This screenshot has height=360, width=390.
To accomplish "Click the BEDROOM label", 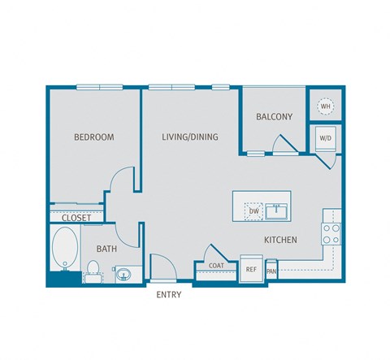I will click(x=93, y=137).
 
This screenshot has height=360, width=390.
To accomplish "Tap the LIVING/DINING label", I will click(x=189, y=137).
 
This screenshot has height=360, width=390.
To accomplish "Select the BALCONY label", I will click(x=274, y=117).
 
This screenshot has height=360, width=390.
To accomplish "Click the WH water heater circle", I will click(x=325, y=106).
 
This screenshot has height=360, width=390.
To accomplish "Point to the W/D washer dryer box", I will click(x=325, y=138).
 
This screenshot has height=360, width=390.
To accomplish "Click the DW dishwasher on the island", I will click(x=253, y=211).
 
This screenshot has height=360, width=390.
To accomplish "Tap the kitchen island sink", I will click(x=279, y=211).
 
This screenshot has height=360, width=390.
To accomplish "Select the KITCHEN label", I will click(x=279, y=241).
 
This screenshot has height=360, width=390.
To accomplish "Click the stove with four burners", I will click(x=331, y=234).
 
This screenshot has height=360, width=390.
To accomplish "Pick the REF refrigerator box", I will click(x=251, y=269).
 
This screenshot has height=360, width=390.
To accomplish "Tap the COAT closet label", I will click(x=216, y=266).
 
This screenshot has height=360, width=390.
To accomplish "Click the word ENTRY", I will click(x=168, y=295).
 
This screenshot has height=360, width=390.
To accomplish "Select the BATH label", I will click(x=107, y=249).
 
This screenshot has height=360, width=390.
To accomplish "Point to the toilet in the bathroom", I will click(x=93, y=269).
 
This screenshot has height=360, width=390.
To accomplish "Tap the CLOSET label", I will click(x=76, y=218).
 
